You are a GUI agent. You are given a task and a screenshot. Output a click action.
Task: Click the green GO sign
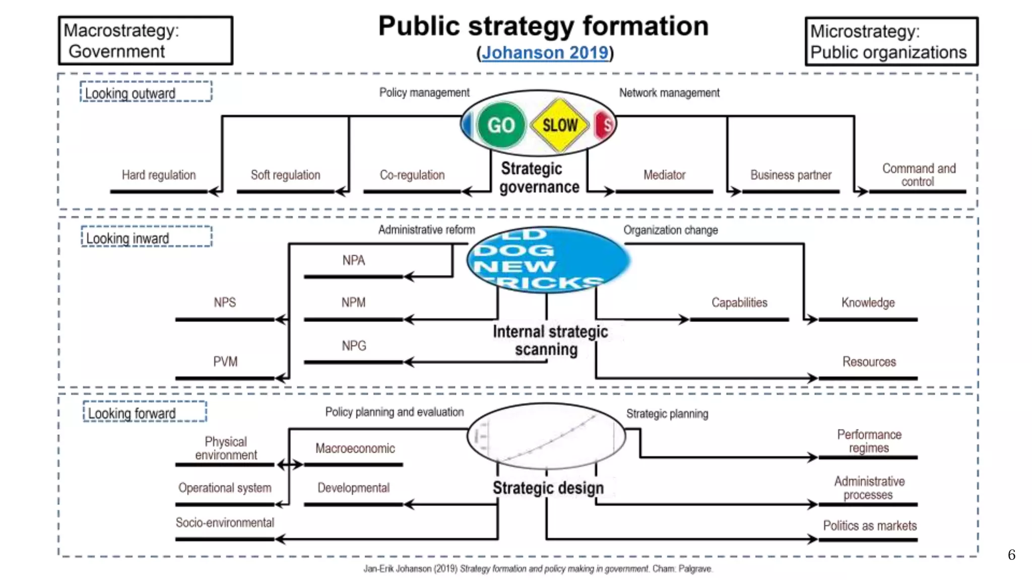[500, 125]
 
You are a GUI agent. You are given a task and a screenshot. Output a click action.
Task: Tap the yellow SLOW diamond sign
[560, 125]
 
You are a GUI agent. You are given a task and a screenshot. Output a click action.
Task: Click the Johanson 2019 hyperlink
[545, 52]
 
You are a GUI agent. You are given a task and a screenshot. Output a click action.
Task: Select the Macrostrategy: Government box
[145, 41]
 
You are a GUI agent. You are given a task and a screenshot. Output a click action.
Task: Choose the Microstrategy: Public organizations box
[891, 42]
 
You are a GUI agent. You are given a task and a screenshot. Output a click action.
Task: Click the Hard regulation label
[159, 175]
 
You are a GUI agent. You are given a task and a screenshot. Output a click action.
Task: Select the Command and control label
[918, 175]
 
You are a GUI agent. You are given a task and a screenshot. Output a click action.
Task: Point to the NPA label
[353, 260]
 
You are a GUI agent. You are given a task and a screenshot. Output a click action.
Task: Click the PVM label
[225, 361]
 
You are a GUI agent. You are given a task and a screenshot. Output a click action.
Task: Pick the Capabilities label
[739, 302]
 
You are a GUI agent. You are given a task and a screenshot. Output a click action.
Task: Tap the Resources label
[869, 361]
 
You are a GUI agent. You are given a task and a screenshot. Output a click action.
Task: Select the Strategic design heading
[548, 487]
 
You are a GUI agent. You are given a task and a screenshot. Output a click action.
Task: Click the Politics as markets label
[869, 526]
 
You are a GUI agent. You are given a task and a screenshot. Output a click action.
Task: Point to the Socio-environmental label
[225, 523]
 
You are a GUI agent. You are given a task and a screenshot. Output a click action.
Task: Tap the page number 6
[1011, 554]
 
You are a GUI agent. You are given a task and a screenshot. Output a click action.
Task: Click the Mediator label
[664, 175]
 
